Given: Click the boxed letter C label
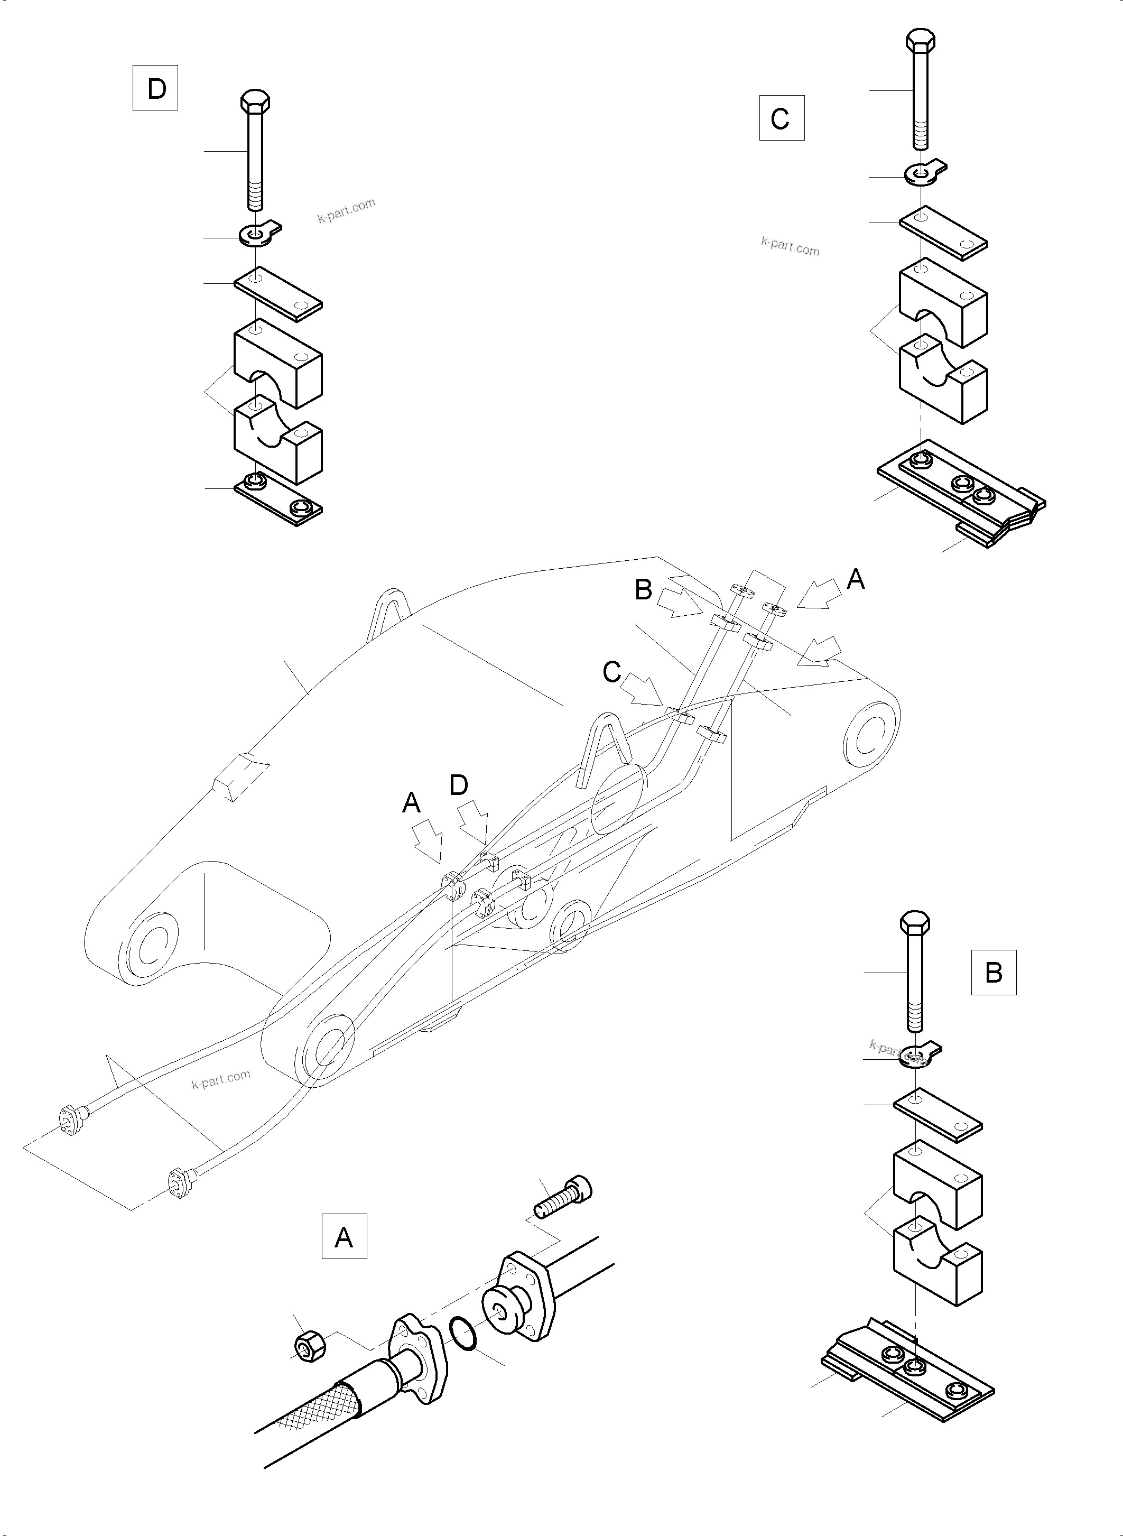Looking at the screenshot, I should tap(781, 118).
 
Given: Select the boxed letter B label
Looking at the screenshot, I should tap(993, 973).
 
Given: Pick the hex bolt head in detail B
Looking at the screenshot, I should tap(915, 923).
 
